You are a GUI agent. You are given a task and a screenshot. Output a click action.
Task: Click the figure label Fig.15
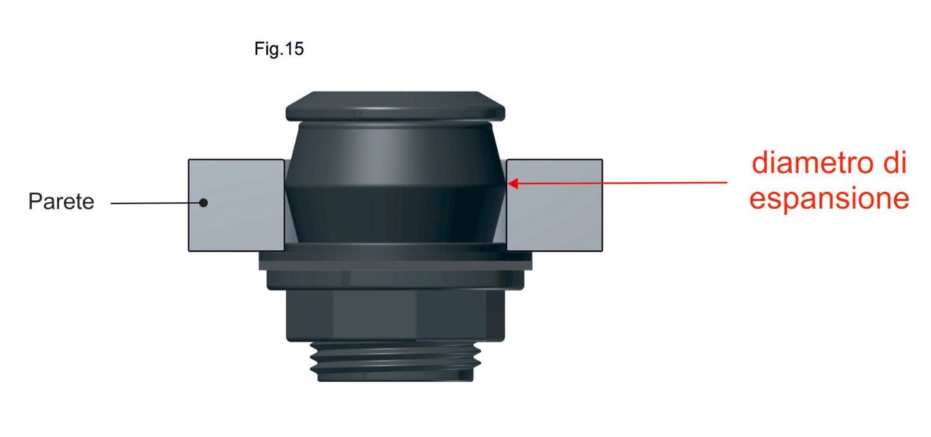tap(279, 49)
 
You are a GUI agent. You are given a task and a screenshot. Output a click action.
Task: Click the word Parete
tap(61, 202)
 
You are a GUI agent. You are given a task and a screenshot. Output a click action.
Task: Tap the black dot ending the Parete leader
tap(203, 203)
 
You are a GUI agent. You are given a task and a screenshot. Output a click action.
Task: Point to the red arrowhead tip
tap(508, 183)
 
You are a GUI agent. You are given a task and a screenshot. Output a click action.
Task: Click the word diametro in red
tap(814, 163)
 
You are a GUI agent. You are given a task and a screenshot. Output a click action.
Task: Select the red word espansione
tap(829, 199)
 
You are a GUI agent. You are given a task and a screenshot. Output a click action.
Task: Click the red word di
tap(895, 163)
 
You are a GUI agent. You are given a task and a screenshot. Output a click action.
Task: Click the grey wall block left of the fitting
tap(236, 205)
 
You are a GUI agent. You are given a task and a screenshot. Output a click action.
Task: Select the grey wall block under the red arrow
tap(555, 205)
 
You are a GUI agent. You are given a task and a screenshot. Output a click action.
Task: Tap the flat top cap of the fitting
tap(395, 106)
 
